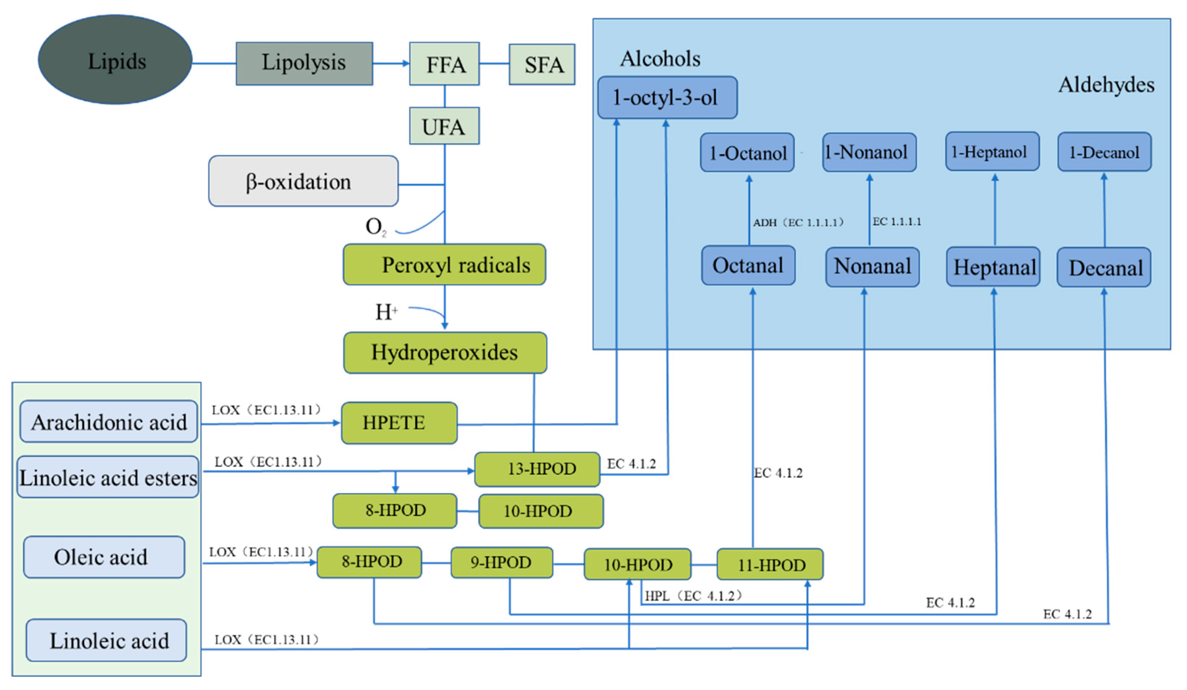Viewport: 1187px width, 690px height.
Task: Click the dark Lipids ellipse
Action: (115, 60)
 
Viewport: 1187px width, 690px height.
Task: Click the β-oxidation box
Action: (303, 181)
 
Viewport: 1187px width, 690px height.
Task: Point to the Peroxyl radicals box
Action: (444, 265)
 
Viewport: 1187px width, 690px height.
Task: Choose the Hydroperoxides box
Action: (445, 353)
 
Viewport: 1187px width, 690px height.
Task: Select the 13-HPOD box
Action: (537, 469)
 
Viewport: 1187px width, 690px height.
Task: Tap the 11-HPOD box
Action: (770, 564)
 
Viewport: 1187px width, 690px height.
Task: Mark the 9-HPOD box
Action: (502, 562)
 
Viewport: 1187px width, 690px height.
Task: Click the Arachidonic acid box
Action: (109, 422)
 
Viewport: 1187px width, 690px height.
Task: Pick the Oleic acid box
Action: (104, 557)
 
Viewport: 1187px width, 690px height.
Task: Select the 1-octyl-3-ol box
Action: (667, 98)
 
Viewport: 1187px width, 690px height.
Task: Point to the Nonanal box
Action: (872, 267)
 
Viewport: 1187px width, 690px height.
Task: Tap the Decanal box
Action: (1103, 268)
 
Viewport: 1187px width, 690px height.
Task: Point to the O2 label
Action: (376, 227)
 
